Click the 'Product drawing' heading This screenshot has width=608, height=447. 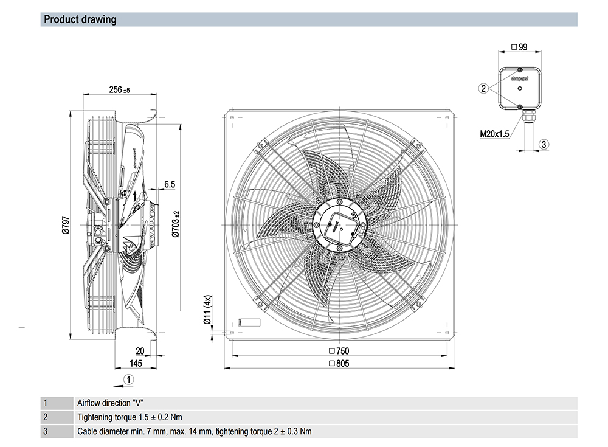[80, 19]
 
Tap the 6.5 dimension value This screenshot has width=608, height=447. [169, 184]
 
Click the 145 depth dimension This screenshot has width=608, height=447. [135, 363]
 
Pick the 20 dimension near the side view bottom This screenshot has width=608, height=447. [140, 351]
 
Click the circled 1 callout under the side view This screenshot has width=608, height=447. [128, 379]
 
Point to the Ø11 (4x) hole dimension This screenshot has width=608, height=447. [207, 311]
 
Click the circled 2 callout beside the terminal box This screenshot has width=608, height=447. [483, 89]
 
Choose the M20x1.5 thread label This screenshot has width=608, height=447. [493, 133]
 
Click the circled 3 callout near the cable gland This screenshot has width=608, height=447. [544, 144]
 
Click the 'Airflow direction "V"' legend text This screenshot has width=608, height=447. [112, 403]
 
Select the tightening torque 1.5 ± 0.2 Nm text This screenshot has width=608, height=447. [130, 417]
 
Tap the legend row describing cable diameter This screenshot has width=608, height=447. [194, 432]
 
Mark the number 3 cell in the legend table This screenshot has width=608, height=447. [44, 432]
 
